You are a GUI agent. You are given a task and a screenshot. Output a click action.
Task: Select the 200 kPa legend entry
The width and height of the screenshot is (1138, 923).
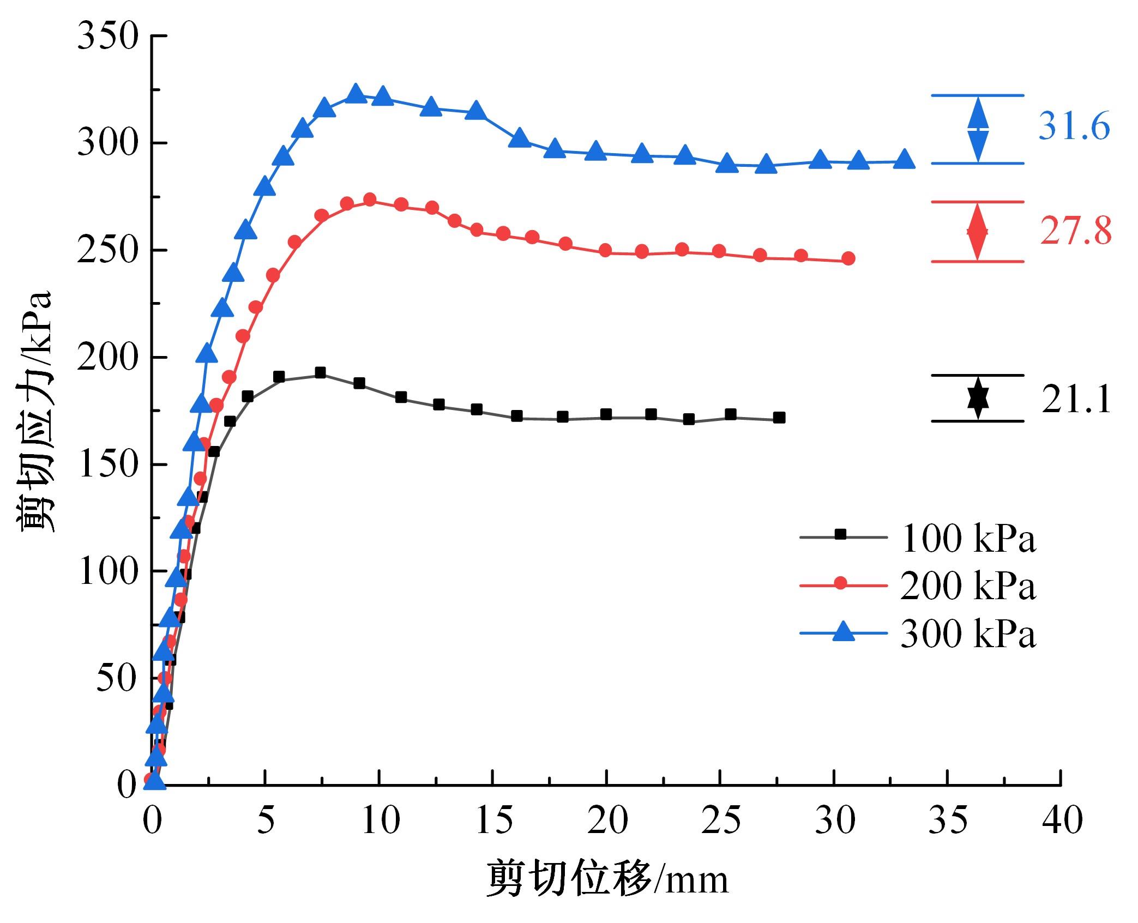click(918, 586)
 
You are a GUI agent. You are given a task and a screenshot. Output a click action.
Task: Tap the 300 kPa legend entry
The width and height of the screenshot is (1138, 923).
click(918, 634)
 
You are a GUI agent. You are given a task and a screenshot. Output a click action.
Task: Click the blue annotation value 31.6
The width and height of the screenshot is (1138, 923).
click(1074, 128)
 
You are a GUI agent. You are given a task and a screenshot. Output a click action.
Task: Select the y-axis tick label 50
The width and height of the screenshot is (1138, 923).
click(115, 679)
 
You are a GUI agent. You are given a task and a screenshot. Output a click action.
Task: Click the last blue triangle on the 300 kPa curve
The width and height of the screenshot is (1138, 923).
click(905, 159)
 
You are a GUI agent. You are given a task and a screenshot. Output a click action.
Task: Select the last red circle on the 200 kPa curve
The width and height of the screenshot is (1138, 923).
click(848, 258)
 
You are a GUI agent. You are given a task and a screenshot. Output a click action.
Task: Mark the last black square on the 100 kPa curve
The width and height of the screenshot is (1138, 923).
click(779, 418)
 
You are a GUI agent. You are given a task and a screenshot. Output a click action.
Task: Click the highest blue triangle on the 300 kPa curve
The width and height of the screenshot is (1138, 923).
click(356, 93)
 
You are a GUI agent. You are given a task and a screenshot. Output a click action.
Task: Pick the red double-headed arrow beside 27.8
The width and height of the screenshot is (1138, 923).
click(977, 232)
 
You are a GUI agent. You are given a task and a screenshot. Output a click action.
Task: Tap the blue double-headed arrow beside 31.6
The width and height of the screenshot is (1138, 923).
click(978, 129)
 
